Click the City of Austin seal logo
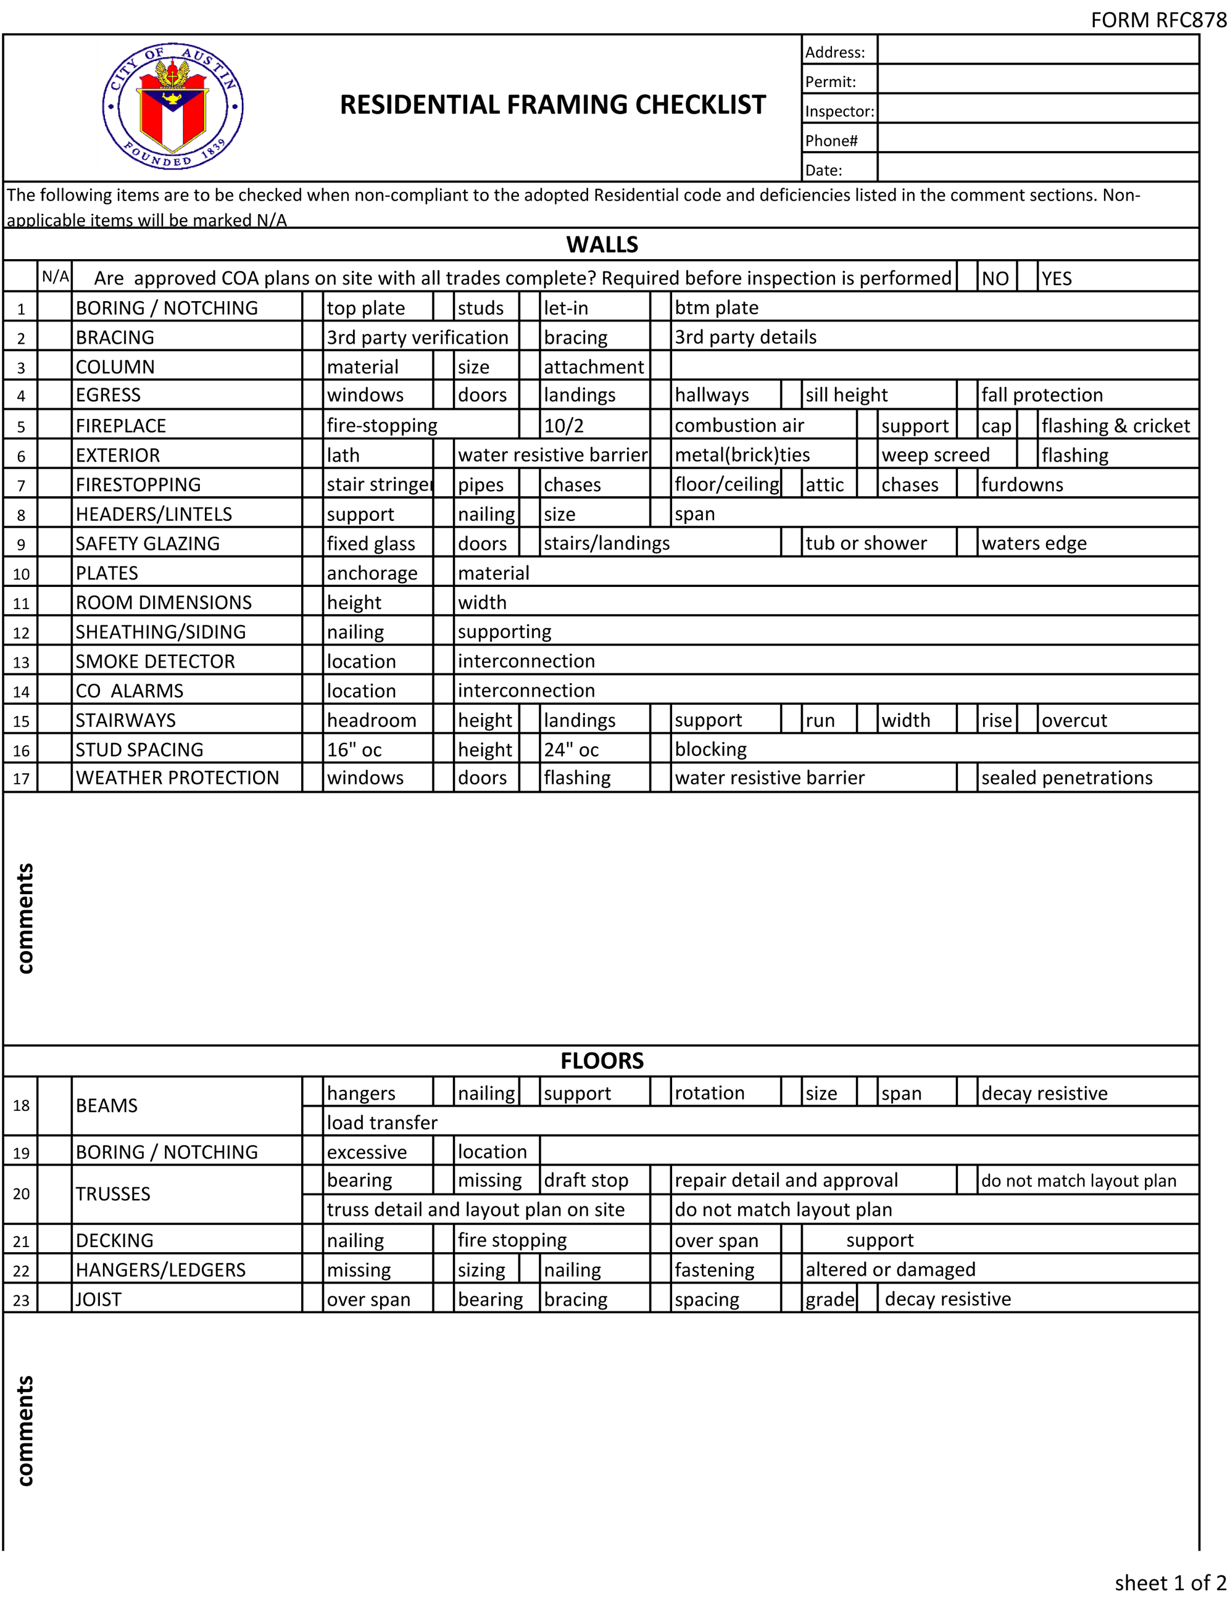point(173,106)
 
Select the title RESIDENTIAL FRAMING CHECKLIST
point(553,105)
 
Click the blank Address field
point(1037,50)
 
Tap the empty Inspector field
point(1037,109)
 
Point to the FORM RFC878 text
point(1158,20)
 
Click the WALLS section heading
point(602,244)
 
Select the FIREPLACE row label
point(122,425)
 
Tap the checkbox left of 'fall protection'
point(967,395)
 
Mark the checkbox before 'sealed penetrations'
point(967,778)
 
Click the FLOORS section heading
point(602,1061)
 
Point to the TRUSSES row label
point(114,1193)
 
